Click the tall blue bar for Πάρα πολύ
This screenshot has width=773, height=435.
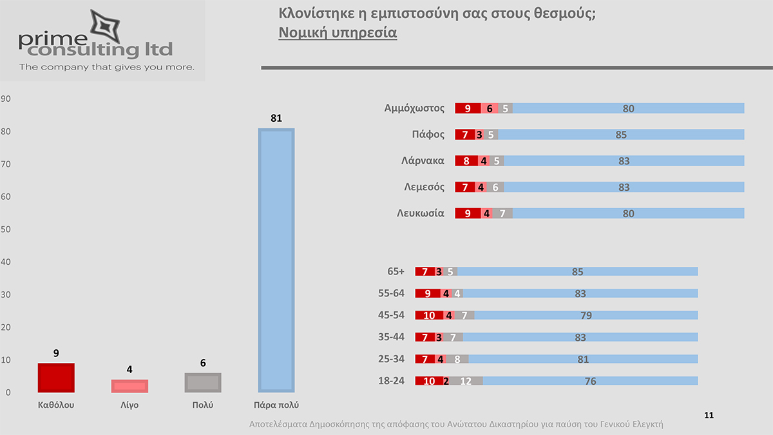pos(276,260)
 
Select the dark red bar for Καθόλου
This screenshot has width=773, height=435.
pos(56,378)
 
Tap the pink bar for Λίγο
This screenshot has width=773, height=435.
pos(129,386)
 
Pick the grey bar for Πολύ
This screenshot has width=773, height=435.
pos(203,383)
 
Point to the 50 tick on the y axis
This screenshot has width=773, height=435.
pos(6,229)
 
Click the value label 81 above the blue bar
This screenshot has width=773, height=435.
pos(276,118)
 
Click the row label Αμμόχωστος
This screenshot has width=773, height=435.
pos(414,108)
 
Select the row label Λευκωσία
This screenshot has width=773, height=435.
pos(420,213)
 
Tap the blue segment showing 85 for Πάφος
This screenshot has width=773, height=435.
pos(621,135)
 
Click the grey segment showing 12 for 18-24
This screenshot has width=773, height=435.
pos(466,381)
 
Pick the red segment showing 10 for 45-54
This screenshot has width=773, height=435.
pos(429,315)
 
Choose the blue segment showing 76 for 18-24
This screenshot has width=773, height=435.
pos(589,381)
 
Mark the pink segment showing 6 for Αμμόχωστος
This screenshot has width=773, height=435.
pos(490,108)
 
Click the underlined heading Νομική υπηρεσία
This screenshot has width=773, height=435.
pos(338,33)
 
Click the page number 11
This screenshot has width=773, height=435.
pos(709,416)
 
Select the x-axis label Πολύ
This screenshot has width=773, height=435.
pos(203,405)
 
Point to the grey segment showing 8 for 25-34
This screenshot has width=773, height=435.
pos(457,359)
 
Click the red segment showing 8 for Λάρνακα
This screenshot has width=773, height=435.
pos(467,161)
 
